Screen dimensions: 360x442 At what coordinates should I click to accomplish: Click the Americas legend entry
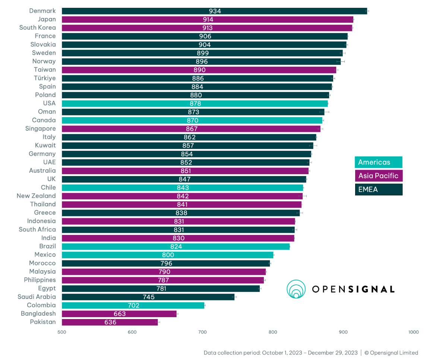(378, 162)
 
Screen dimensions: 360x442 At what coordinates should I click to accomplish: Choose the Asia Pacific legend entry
(378, 176)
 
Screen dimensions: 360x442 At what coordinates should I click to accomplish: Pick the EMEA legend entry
(378, 189)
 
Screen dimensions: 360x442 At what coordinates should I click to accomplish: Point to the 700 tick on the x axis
(202, 332)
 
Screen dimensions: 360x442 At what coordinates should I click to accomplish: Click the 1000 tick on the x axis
(413, 332)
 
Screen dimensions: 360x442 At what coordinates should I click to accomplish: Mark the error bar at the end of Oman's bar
(324, 112)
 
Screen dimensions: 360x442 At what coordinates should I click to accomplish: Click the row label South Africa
(37, 229)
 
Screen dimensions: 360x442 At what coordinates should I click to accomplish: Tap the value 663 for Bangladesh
(120, 314)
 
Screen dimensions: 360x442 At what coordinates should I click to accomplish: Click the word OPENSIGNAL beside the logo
(353, 289)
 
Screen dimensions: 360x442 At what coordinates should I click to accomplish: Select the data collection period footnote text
(280, 353)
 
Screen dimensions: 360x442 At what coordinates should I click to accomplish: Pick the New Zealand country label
(36, 196)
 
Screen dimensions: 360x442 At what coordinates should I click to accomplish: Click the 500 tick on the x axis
(62, 332)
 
